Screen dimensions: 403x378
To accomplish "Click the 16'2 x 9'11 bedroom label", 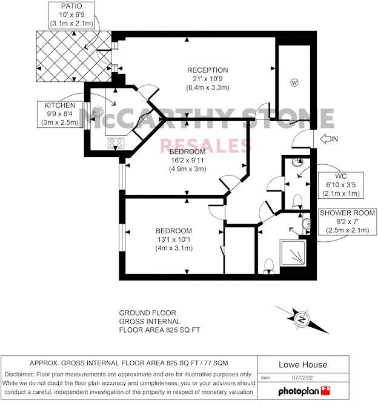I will (187, 160).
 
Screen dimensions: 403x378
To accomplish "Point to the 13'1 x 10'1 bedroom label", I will (174, 239).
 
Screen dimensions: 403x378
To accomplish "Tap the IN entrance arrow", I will (327, 139).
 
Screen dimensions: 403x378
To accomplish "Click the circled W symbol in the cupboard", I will (294, 82).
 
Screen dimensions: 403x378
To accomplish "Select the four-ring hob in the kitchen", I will (115, 144).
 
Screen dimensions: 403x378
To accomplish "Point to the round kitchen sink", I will (99, 112).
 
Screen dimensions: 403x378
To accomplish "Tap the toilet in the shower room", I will (270, 265).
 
